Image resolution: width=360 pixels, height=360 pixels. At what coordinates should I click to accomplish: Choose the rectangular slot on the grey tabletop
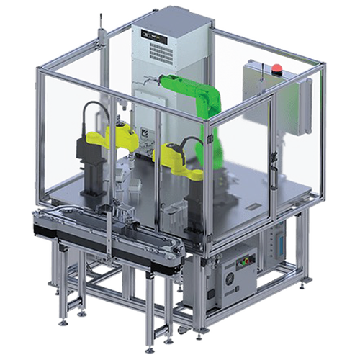[x=173, y=210]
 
